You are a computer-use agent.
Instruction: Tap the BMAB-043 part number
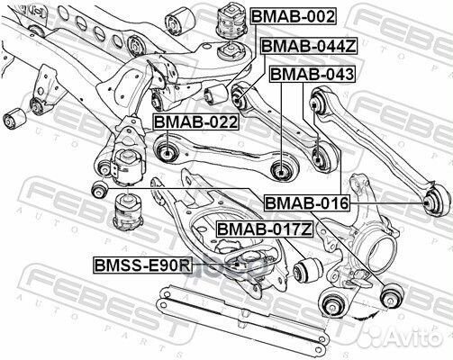(312, 75)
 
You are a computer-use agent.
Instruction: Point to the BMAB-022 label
(195, 121)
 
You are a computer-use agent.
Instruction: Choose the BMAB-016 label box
(306, 204)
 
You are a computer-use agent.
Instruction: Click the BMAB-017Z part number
(264, 229)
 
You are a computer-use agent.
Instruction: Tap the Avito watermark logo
(414, 340)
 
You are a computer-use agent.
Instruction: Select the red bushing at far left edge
(14, 117)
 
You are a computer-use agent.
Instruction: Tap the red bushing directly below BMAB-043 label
(317, 160)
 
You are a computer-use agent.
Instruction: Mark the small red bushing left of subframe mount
(99, 189)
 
